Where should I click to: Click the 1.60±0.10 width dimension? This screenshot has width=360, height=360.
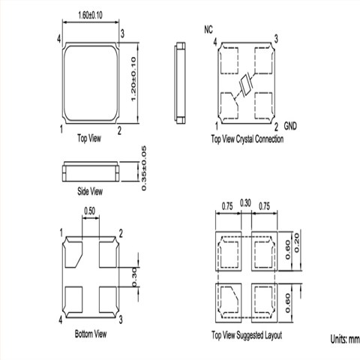point(90,15)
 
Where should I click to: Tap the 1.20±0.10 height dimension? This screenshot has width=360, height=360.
point(133,79)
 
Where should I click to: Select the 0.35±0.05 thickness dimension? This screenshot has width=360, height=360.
point(144,169)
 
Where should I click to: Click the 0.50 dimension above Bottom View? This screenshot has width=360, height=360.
point(89,211)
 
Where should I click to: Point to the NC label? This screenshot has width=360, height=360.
point(208,29)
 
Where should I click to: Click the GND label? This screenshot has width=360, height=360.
point(290,126)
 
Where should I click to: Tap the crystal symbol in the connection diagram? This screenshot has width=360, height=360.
point(246,85)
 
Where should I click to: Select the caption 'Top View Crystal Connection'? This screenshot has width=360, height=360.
point(247,139)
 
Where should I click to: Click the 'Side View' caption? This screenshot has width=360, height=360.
point(90,191)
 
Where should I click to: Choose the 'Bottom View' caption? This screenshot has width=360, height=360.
point(91,334)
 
